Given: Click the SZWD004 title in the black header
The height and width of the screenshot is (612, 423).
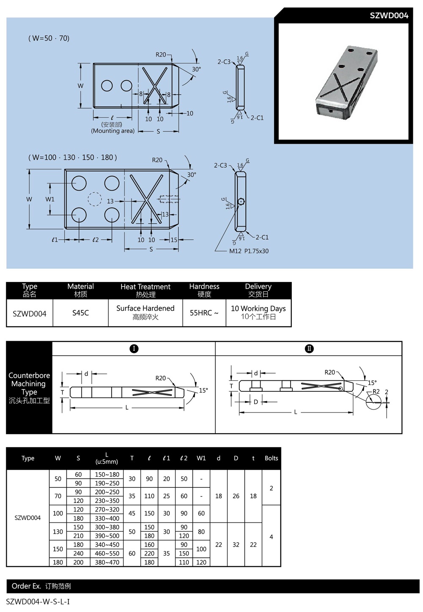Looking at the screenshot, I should [x=389, y=16].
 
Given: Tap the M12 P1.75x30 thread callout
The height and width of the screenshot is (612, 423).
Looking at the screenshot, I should [x=249, y=251].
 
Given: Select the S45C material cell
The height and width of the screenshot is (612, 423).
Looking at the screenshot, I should [x=80, y=313].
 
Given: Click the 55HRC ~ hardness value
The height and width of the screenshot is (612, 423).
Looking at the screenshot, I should [x=204, y=313].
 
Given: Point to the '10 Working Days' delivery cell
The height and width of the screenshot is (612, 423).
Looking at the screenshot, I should [x=258, y=312].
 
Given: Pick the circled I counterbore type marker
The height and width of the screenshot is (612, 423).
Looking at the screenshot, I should [x=134, y=349].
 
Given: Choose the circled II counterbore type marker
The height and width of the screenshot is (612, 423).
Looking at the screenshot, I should [x=309, y=349].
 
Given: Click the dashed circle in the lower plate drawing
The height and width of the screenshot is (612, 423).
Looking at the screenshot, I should [x=95, y=199].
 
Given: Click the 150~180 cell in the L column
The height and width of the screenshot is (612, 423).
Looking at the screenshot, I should [x=107, y=475].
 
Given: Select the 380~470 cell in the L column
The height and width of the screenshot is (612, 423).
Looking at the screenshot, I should [x=107, y=563].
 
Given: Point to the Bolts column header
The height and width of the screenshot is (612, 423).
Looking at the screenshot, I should [x=271, y=458].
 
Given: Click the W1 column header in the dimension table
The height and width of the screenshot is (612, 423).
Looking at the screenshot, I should [x=201, y=458].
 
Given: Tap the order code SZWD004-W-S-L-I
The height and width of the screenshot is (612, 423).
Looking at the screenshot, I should [x=38, y=601].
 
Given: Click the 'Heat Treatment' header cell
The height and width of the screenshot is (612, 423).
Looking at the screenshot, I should [x=145, y=290].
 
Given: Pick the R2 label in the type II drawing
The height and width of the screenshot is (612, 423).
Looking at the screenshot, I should [x=376, y=391].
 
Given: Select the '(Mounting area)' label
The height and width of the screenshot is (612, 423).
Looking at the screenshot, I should [x=113, y=131].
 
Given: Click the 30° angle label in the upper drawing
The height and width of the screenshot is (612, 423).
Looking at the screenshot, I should [x=196, y=69].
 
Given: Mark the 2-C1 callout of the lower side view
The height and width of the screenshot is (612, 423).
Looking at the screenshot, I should [x=262, y=238].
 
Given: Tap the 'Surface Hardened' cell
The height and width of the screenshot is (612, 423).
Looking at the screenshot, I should [x=145, y=312].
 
